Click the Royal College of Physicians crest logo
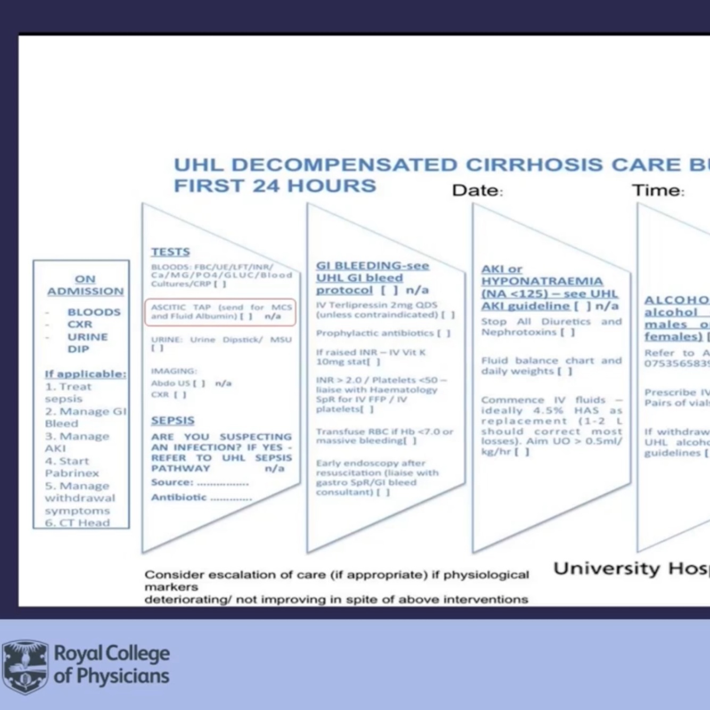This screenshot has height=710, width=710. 25,666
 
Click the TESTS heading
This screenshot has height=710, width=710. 170,252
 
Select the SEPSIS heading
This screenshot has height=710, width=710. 172,420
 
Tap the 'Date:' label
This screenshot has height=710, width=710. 477,191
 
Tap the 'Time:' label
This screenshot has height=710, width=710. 658,191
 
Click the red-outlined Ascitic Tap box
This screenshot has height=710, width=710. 220,312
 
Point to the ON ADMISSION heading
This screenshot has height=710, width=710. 85,285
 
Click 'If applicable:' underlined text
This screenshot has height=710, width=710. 86,374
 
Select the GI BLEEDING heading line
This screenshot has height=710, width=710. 373,266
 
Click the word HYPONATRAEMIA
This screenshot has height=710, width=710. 542,281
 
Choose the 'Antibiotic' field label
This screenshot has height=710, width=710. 179,497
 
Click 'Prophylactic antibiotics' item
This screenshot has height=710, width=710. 375,333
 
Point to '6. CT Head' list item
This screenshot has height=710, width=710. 77,523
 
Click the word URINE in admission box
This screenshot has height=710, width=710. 87,337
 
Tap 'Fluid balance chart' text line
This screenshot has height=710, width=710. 551,360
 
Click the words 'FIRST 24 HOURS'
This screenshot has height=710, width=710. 275,186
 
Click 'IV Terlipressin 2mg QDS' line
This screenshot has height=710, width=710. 376,305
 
